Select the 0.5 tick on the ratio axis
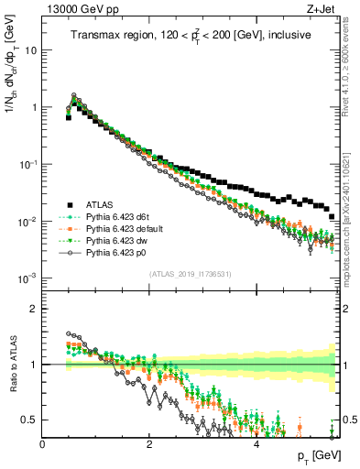tap(29, 420)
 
